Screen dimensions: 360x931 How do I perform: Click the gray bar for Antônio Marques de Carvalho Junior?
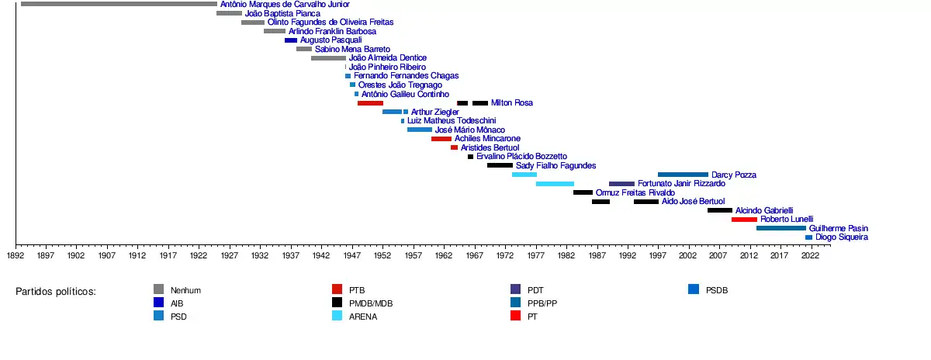tap(119, 4)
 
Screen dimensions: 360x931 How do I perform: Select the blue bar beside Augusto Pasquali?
tap(291, 40)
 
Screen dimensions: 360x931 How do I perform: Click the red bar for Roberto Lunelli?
tap(744, 220)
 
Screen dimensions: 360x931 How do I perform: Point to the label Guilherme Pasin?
tap(838, 229)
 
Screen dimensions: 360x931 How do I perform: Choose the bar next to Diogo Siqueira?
tap(808, 237)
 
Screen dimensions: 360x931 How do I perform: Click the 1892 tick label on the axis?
tap(15, 255)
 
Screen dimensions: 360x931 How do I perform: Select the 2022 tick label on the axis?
tap(810, 255)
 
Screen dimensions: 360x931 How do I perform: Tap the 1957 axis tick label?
tap(413, 255)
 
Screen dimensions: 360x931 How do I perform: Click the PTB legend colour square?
tap(337, 290)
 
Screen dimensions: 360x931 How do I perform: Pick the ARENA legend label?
tap(363, 317)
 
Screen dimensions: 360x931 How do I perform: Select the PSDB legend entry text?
tap(717, 290)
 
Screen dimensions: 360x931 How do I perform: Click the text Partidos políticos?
tap(56, 292)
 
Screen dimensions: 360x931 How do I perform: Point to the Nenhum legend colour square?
tap(158, 290)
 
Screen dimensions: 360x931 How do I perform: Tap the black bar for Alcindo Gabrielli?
tap(720, 210)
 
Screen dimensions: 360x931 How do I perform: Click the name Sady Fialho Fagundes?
tap(555, 165)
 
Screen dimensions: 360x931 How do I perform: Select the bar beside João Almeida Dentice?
tap(328, 58)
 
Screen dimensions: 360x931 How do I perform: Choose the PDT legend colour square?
tap(515, 290)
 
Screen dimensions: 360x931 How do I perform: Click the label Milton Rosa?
tap(512, 103)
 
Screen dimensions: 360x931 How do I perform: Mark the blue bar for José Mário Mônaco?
tap(420, 130)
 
